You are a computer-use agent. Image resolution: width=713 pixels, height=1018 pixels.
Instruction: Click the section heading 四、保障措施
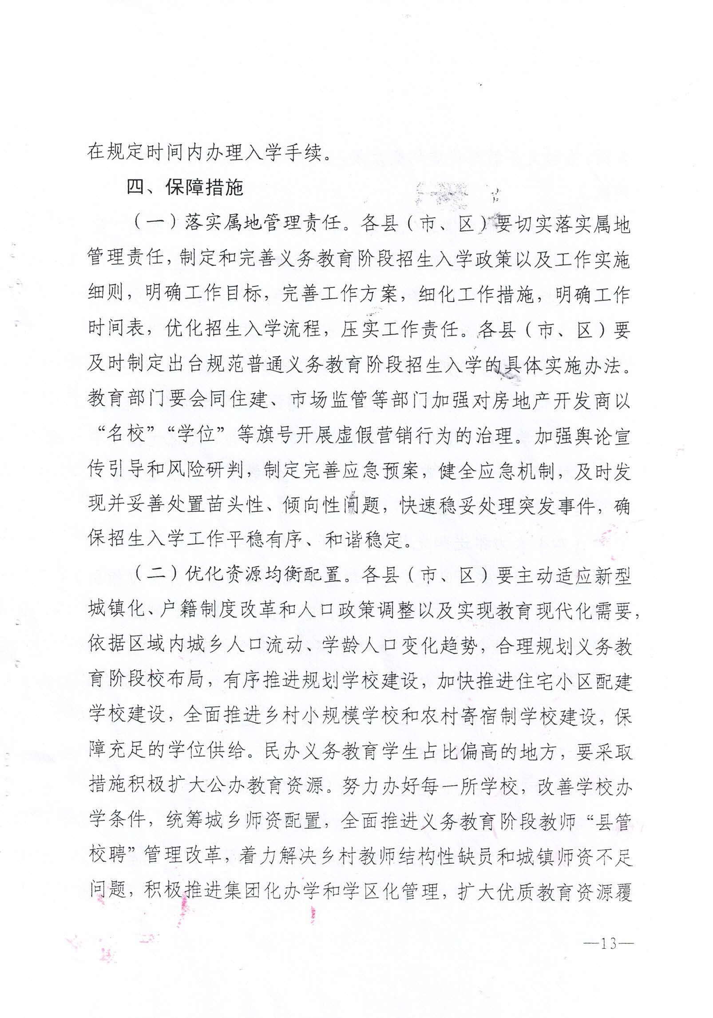[x=185, y=187]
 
